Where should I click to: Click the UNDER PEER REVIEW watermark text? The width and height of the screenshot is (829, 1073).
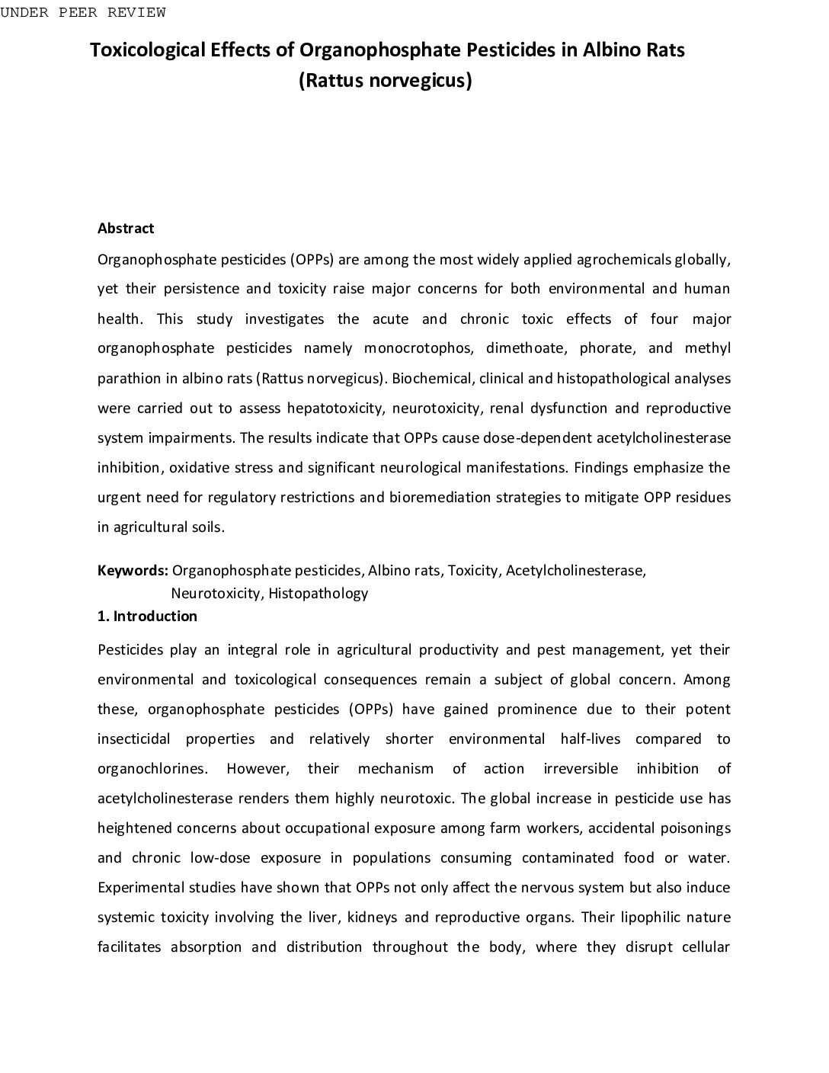(x=83, y=12)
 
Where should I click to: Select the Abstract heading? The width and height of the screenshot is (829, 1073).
(x=126, y=229)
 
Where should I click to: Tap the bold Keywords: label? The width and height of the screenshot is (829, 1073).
(x=133, y=571)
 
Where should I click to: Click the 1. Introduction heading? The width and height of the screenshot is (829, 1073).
(x=147, y=616)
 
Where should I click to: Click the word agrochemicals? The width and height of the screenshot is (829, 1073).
(x=625, y=259)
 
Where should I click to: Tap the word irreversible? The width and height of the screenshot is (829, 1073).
(x=581, y=768)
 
